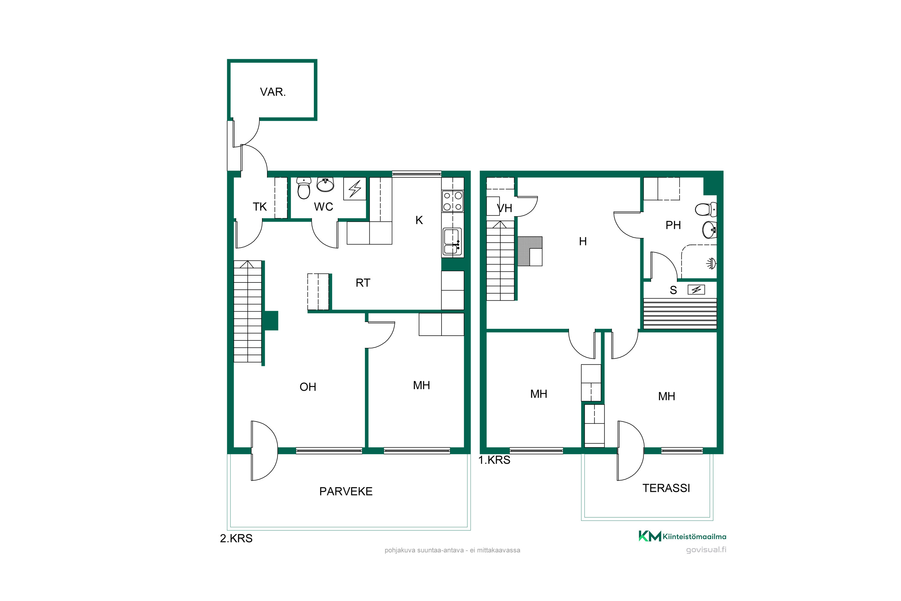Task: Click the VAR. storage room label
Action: [x=273, y=92]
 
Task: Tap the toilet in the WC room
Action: [x=304, y=188]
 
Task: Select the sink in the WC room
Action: [x=325, y=185]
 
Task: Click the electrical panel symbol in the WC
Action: [x=355, y=189]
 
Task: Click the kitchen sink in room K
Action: [x=452, y=242]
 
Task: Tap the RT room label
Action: [x=363, y=283]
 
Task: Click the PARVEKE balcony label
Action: [x=346, y=492]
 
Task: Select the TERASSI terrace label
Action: [x=666, y=488]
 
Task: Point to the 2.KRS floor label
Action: [x=236, y=538]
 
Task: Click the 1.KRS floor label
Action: [x=494, y=460]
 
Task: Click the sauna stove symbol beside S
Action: [x=696, y=290]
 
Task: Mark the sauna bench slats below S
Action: [x=680, y=313]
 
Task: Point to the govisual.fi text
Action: [x=706, y=550]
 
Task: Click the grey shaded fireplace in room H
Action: [x=530, y=251]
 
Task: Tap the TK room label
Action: [x=259, y=207]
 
